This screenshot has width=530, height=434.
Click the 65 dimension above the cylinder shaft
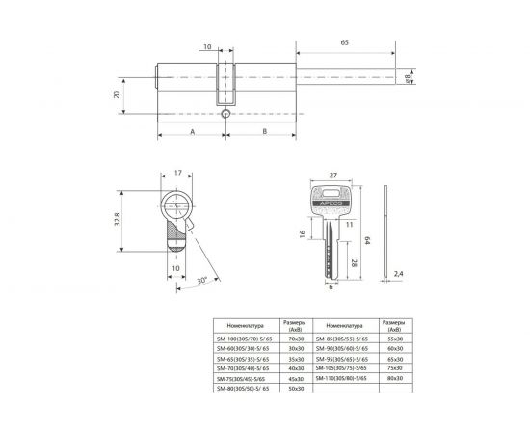[x=344, y=44]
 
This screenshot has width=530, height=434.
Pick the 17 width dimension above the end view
[x=178, y=174]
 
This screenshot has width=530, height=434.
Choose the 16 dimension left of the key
[x=304, y=234]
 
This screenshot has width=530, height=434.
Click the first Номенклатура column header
[x=245, y=325]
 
